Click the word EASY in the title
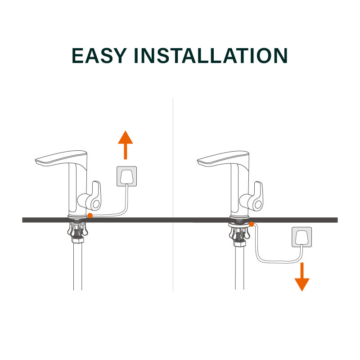(x=99, y=55)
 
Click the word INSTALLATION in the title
(x=211, y=55)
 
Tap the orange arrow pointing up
(x=126, y=145)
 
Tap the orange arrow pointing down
(x=302, y=277)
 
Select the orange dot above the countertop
(x=90, y=216)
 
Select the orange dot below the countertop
(x=252, y=224)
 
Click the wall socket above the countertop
(x=127, y=176)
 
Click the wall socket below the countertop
(x=301, y=237)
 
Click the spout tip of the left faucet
(x=36, y=161)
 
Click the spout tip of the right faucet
(x=198, y=162)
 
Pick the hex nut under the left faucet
(x=78, y=240)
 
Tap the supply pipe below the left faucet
(x=77, y=266)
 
